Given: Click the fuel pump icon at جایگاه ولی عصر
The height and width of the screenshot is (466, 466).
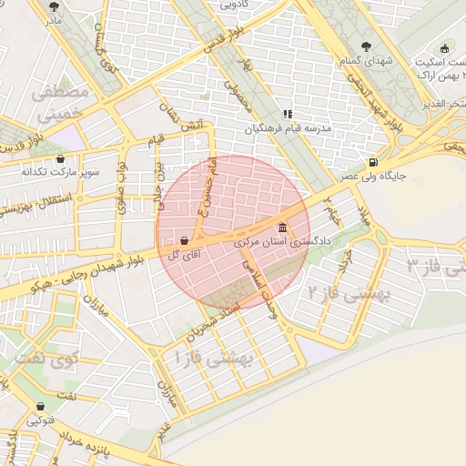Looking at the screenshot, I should [373, 163].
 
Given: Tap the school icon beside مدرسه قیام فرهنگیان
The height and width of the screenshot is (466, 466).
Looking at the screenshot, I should [288, 115].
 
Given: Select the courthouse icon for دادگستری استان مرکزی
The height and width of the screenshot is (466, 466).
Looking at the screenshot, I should [281, 228].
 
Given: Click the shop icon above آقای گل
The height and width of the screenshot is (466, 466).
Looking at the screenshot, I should [186, 241].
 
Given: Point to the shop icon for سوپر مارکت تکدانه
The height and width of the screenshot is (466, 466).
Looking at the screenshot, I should [61, 157].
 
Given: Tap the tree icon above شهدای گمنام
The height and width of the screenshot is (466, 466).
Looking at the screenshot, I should [366, 46].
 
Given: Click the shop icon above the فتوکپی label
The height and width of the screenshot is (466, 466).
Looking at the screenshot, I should [40, 407].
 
